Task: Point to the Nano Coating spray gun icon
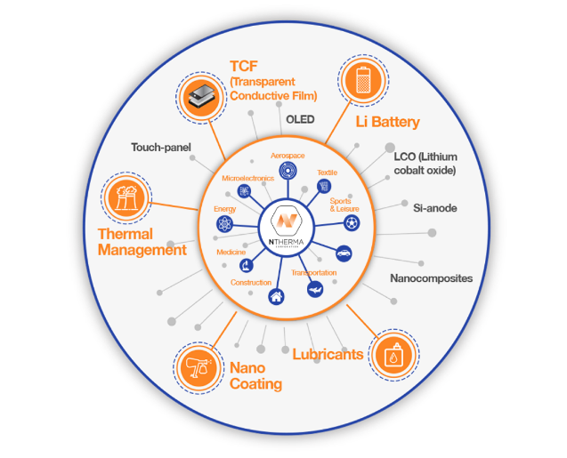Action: pos(195,366)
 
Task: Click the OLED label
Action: pos(300,119)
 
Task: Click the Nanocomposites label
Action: pos(431,278)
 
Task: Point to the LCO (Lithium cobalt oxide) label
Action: pos(425,164)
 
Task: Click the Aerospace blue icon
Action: pos(287,171)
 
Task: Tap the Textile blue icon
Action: pos(324,187)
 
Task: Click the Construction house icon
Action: pos(276,297)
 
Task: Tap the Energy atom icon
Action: pos(223,222)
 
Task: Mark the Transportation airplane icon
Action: pos(314,290)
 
